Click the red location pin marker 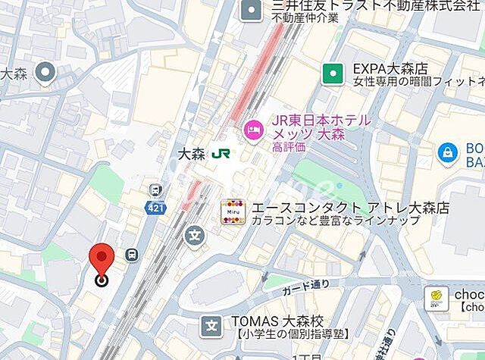[101, 261]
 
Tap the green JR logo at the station [221, 152]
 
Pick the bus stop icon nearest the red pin [132, 255]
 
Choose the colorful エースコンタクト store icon [233, 212]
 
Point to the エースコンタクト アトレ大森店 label [351, 207]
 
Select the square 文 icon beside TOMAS [211, 327]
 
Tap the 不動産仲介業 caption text [306, 18]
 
